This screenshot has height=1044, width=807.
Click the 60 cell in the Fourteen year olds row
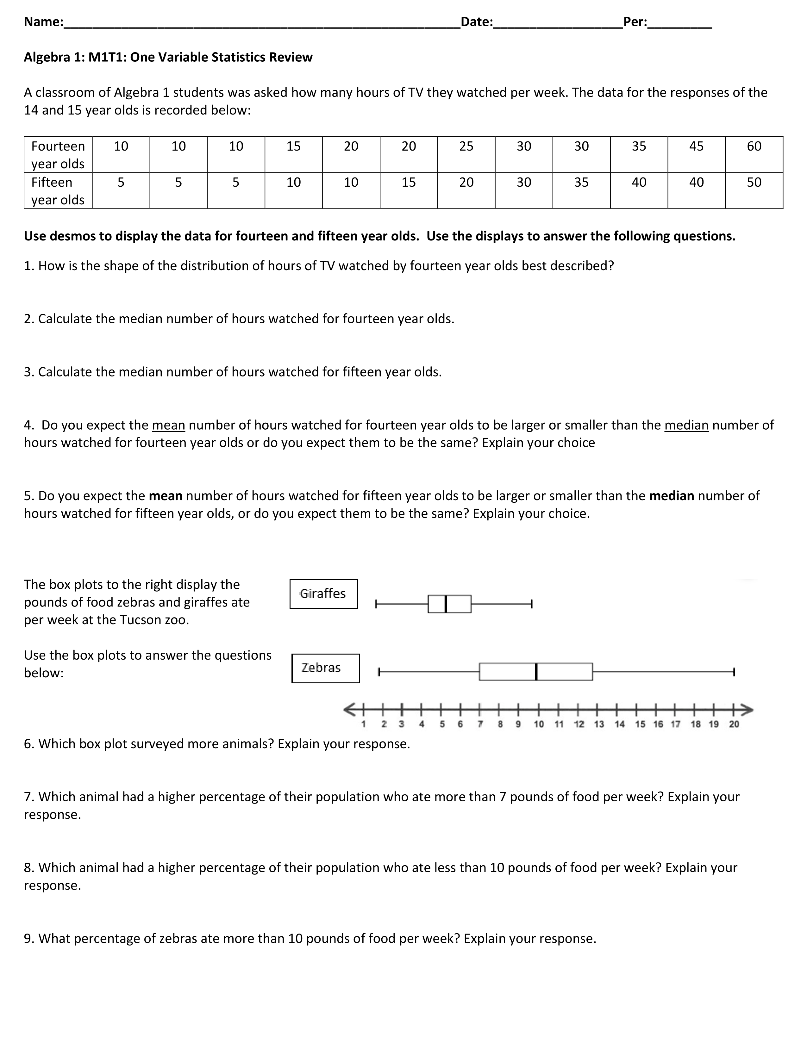(x=754, y=146)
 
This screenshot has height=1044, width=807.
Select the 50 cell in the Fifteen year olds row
(x=754, y=182)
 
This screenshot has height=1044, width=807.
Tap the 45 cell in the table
(x=696, y=146)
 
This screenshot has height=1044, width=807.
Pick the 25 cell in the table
(x=466, y=146)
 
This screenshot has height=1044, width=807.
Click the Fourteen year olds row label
(x=58, y=154)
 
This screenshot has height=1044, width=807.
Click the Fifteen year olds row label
(x=58, y=191)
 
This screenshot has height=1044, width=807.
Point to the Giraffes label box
(x=323, y=594)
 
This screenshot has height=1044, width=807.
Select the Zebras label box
(x=325, y=668)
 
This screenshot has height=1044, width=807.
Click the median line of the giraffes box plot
(x=446, y=604)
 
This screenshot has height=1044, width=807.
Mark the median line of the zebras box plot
(x=536, y=672)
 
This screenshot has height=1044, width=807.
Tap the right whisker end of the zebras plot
(x=733, y=672)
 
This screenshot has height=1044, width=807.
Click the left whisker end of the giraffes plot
(x=376, y=604)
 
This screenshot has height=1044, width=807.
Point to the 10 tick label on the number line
(x=538, y=724)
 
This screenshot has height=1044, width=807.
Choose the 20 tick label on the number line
(x=733, y=724)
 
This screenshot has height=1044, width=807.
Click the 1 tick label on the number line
(x=363, y=724)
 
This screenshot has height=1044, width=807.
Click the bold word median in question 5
(x=671, y=496)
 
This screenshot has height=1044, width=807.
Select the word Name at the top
(x=42, y=22)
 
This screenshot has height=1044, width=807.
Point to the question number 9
(x=29, y=938)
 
